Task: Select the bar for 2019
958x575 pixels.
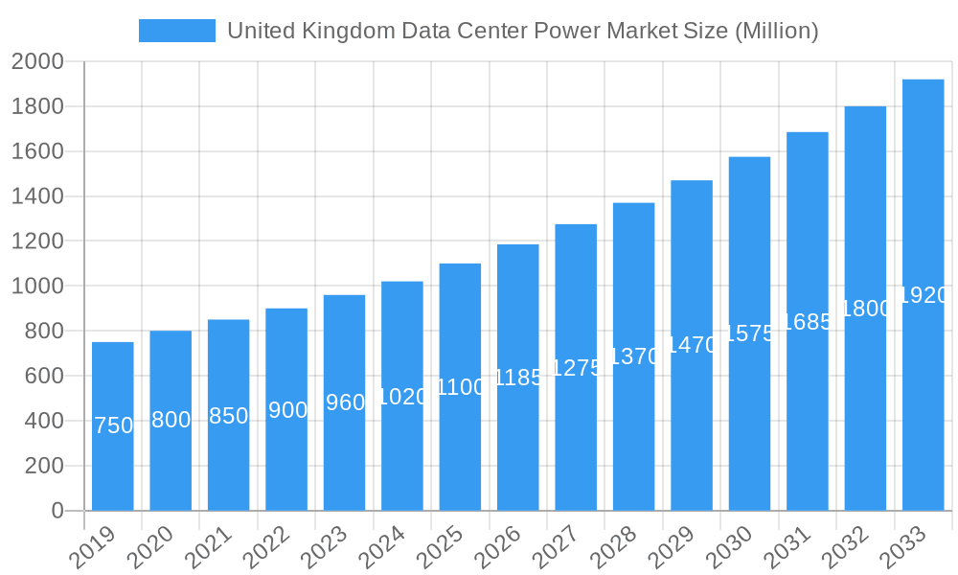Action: [113, 426]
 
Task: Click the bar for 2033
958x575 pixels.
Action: [923, 295]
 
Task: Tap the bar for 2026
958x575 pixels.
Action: [518, 378]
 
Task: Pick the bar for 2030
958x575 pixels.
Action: [749, 333]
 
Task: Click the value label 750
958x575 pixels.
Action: [113, 425]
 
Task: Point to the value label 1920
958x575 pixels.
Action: [924, 295]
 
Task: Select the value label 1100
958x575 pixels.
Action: [461, 387]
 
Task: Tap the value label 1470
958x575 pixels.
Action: [692, 345]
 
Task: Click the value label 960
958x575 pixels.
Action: [345, 402]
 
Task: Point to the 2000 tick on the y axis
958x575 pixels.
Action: [38, 62]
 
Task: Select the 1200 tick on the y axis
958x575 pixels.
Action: [38, 241]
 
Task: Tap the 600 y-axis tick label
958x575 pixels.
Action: [44, 377]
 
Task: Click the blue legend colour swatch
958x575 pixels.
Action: [177, 31]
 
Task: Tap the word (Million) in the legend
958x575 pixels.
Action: [776, 31]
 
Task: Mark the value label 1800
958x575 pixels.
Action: [866, 309]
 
